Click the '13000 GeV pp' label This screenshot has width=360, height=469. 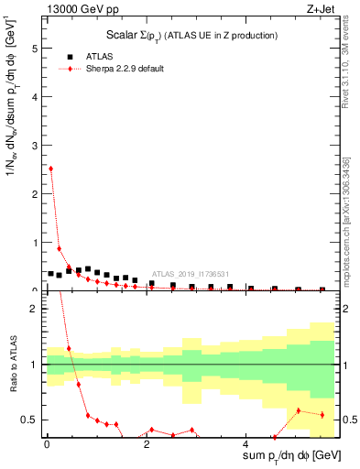pyautogui.click(x=84, y=10)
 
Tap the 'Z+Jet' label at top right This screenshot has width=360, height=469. pyautogui.click(x=319, y=10)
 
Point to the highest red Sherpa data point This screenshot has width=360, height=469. pyautogui.click(x=50, y=169)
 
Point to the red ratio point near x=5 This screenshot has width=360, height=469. pyautogui.click(x=299, y=410)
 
